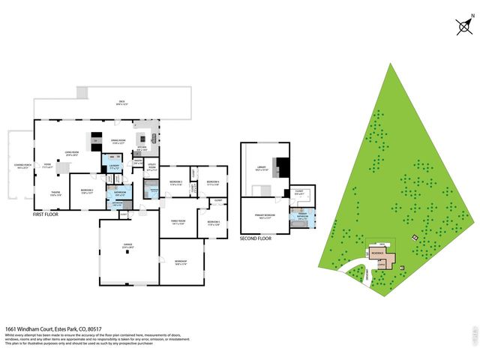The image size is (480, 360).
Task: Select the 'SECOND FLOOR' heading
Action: (256, 238)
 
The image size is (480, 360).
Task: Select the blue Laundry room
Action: (115, 167)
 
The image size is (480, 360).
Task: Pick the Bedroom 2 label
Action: (87, 190)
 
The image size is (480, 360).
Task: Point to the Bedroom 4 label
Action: (213, 182)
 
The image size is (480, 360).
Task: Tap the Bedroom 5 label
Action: (213, 222)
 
